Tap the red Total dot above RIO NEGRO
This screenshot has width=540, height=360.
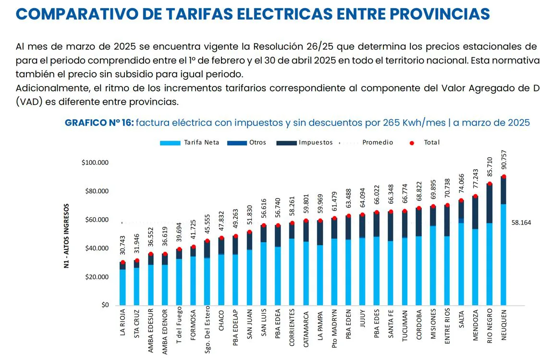point(490,184)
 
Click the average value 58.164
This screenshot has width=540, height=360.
point(521,223)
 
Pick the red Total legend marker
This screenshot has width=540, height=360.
point(411,143)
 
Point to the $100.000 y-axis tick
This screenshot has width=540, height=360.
point(96,163)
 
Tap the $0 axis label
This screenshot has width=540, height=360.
point(104,305)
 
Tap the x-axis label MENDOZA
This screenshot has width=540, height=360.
point(476,325)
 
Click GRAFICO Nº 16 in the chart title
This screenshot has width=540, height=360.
point(98,123)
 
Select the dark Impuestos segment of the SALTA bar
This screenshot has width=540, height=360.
point(462,210)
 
